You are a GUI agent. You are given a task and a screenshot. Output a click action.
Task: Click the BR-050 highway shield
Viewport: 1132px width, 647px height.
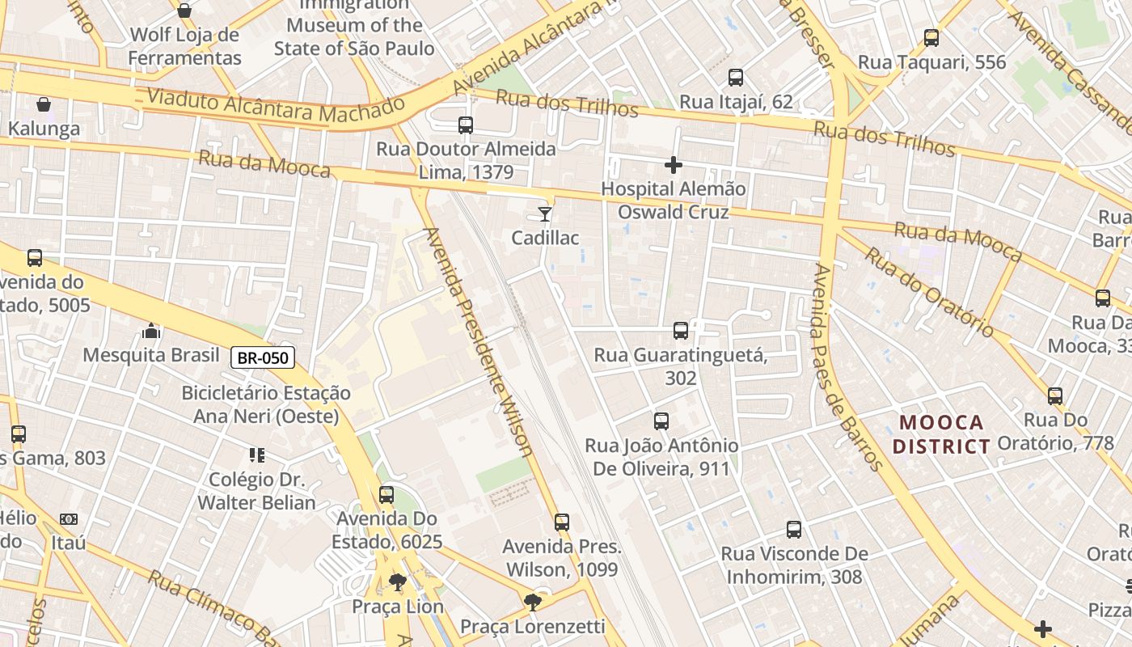tap(263, 357)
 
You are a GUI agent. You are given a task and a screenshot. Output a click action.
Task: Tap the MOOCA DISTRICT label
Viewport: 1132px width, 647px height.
tap(942, 434)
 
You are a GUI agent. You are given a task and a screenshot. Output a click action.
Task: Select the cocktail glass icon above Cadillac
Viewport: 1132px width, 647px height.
tap(545, 214)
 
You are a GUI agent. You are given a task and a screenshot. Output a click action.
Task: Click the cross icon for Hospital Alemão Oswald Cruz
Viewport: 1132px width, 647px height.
tap(673, 166)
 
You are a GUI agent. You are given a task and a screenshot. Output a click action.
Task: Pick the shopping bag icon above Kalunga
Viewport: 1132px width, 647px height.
tap(44, 104)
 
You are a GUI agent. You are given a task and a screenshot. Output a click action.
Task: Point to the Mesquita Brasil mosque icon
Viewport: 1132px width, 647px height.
tap(151, 332)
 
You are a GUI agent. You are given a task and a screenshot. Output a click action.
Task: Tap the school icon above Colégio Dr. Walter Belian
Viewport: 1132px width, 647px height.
tap(257, 455)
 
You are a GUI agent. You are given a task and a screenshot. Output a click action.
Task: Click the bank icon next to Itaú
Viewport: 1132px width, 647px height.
tap(69, 519)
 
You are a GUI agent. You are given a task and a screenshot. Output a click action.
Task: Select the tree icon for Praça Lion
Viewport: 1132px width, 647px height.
tap(397, 582)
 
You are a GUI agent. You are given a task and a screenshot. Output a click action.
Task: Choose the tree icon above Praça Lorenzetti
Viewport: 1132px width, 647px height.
tap(532, 602)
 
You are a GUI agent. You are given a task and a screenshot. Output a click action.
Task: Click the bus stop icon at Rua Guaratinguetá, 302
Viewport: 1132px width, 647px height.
tap(681, 331)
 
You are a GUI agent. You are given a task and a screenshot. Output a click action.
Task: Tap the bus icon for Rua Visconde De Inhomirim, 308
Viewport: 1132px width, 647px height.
tap(794, 530)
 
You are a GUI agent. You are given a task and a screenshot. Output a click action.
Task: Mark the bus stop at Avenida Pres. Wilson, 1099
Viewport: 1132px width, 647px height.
tap(562, 522)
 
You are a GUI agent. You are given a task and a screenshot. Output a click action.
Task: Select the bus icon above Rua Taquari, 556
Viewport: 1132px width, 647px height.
tap(931, 38)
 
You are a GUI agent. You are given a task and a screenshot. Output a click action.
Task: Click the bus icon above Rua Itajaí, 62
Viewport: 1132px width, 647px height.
tap(736, 78)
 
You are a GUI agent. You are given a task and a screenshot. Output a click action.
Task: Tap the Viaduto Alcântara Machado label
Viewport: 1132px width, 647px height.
tap(275, 107)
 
